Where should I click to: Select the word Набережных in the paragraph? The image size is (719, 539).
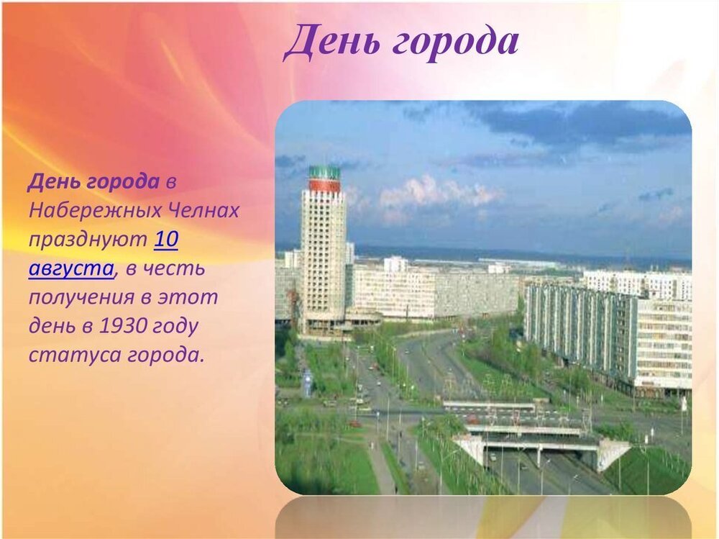[96, 211]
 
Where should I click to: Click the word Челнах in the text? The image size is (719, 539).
[204, 210]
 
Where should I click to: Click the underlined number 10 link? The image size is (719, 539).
[166, 239]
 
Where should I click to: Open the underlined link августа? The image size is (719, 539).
[71, 269]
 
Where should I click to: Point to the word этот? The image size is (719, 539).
[188, 297]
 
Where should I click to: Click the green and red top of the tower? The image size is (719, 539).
[325, 179]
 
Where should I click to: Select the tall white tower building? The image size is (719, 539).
[324, 250]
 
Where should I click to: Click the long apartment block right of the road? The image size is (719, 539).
[608, 335]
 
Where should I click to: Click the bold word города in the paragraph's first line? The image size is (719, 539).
[123, 182]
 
